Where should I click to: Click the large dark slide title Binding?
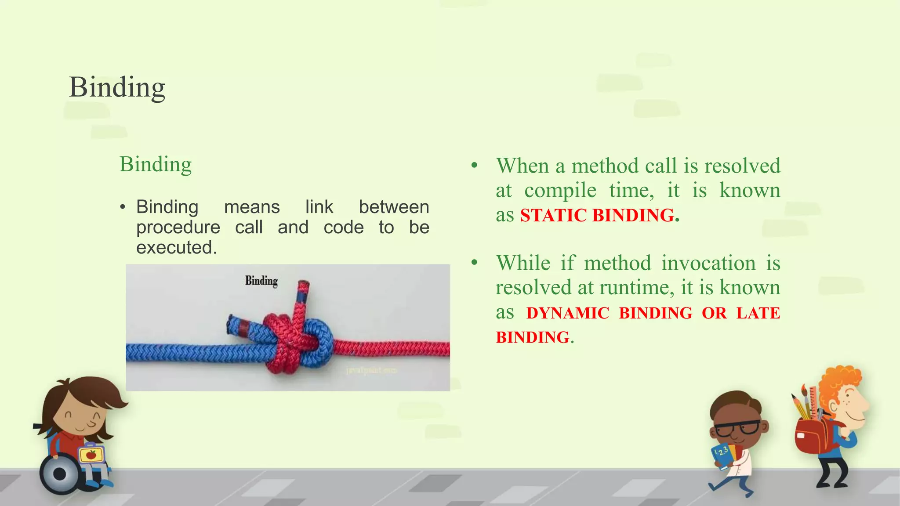click(117, 87)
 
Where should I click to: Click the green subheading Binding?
click(156, 165)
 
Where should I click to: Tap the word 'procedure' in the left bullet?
click(178, 228)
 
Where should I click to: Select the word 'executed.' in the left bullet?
click(177, 248)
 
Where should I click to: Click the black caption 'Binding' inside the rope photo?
click(261, 281)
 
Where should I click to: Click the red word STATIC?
click(553, 216)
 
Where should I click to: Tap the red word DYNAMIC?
click(568, 313)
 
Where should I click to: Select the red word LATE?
click(758, 313)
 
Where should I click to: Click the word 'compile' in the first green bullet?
click(560, 191)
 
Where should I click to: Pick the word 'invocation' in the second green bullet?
click(708, 264)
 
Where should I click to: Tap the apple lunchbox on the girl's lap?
click(92, 454)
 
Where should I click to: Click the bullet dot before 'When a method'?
click(474, 166)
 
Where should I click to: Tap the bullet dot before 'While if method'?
click(474, 263)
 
